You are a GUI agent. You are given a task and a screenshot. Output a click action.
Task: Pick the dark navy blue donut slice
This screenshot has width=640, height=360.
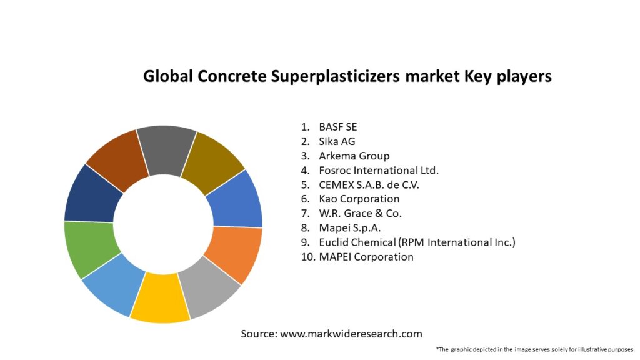coord(92,194)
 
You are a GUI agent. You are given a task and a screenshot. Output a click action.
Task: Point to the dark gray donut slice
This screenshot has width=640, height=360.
coord(165,149)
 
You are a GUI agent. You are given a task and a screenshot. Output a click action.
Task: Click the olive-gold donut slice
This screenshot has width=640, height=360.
coord(213,161)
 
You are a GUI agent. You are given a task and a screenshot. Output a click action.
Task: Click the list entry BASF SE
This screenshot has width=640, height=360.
coord(337,127)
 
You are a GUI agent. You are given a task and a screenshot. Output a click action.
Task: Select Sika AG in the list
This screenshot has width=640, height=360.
coord(337,141)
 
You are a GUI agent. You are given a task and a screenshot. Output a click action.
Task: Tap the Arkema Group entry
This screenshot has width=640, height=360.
coord(354,156)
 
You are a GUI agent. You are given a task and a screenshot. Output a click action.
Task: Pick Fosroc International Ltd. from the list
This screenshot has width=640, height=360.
coord(379,170)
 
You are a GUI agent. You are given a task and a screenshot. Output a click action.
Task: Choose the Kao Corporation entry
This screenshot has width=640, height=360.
coord(359,199)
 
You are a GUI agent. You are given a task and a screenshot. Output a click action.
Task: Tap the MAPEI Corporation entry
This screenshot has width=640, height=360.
coord(366,256)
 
